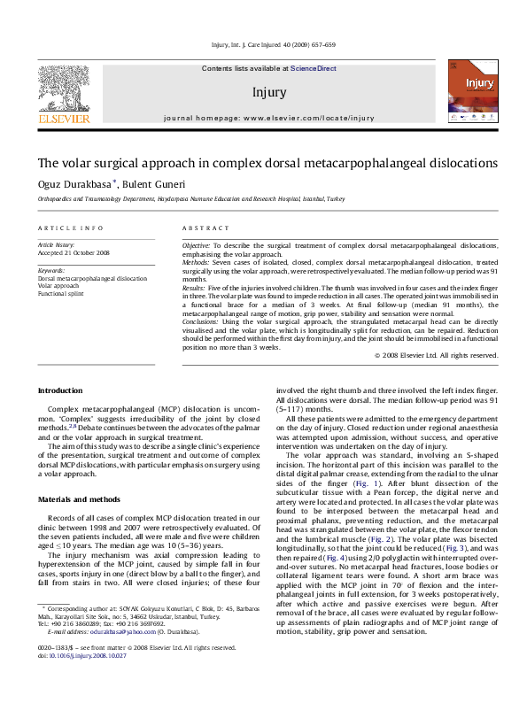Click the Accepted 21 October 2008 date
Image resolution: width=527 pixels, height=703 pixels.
point(79,252)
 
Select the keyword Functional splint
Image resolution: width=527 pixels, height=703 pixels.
point(63,294)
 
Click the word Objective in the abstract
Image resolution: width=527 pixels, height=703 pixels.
point(196,244)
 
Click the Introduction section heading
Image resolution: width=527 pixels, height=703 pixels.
point(59,390)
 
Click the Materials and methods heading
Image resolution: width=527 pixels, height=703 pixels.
point(78,500)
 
